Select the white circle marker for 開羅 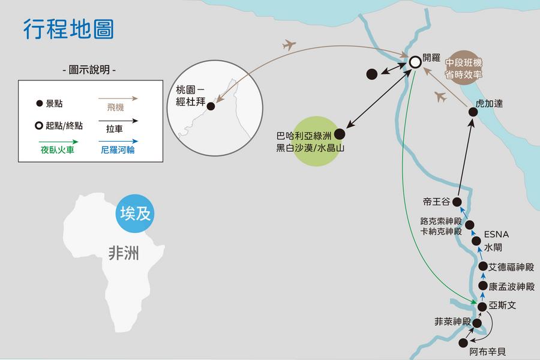[415, 61]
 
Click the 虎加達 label [488, 104]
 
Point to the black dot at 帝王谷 [457, 202]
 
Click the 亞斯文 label [502, 305]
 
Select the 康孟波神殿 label [511, 287]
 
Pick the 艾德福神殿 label [511, 267]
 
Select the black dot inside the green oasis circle [340, 134]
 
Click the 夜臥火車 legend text [58, 149]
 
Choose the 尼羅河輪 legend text [118, 149]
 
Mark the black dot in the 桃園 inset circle [211, 106]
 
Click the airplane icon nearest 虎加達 [441, 97]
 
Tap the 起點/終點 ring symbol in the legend [39, 126]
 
